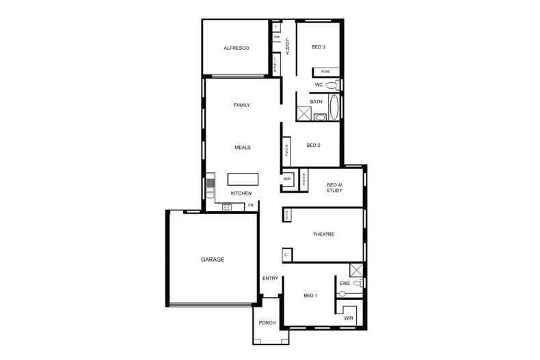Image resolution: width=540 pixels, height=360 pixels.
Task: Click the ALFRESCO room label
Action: [x=236, y=49]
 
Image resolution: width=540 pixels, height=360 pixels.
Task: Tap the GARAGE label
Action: [x=213, y=260]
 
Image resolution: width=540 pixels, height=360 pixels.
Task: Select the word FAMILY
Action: [x=241, y=105]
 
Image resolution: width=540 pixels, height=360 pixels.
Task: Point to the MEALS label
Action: [x=242, y=148]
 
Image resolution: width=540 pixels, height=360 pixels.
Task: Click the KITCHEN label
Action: [x=241, y=193]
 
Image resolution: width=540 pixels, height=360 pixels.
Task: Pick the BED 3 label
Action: [x=318, y=47]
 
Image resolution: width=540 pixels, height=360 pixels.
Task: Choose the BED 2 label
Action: [x=313, y=145]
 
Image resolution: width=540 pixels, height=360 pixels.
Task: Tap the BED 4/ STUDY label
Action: [x=334, y=188]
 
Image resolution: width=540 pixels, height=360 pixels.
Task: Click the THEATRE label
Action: [x=323, y=234]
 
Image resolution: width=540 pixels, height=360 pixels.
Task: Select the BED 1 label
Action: [x=310, y=295]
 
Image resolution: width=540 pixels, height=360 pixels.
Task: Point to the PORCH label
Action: [x=267, y=323]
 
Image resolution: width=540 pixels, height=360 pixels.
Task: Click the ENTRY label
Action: [x=270, y=278]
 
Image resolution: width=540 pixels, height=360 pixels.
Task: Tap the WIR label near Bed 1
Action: [x=348, y=318]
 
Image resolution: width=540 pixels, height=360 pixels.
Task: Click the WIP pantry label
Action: [x=287, y=180]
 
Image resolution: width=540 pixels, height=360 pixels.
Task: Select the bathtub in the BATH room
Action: [x=334, y=107]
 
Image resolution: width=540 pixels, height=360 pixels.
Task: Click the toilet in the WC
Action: [x=332, y=85]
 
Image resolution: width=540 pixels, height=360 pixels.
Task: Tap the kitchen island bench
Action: [x=243, y=179]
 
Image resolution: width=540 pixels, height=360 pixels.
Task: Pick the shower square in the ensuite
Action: [x=355, y=268]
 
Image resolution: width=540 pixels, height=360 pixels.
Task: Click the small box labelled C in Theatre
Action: [x=286, y=255]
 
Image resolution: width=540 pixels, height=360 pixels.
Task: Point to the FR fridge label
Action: [x=251, y=205]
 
